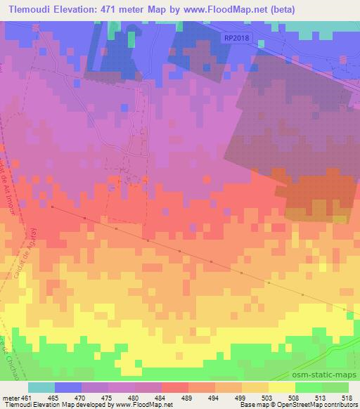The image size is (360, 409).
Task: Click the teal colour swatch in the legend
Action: click(41, 387)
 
